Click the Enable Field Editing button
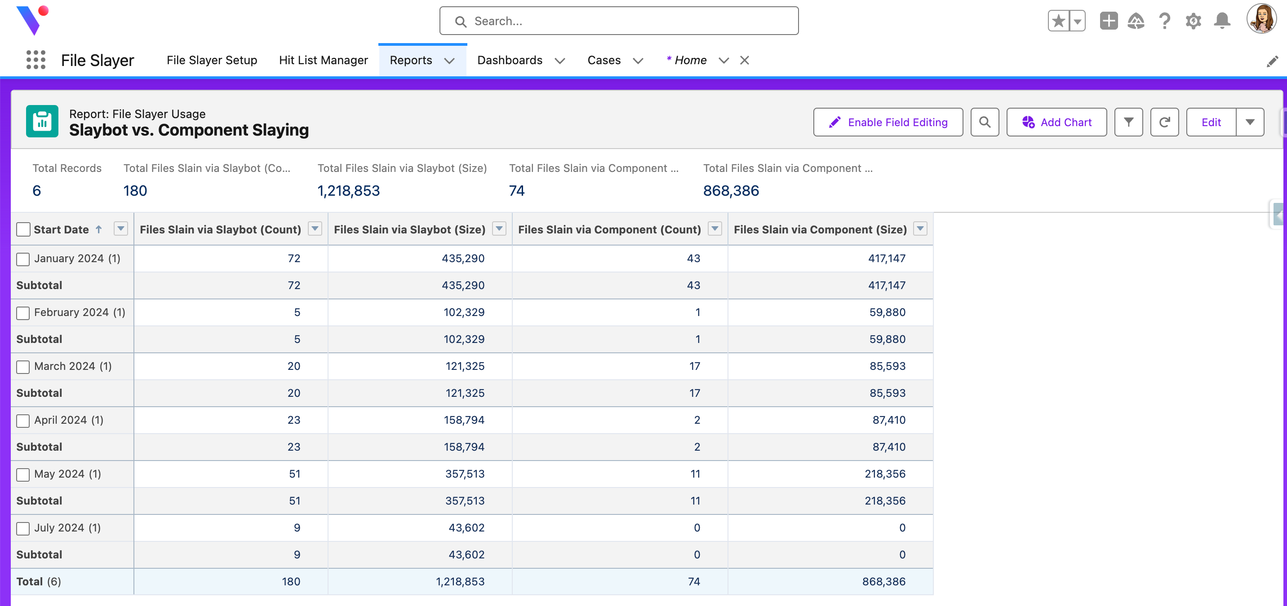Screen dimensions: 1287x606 pyautogui.click(x=888, y=122)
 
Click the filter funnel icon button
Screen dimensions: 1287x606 pyautogui.click(x=1128, y=122)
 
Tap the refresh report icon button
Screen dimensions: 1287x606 pyautogui.click(x=1164, y=122)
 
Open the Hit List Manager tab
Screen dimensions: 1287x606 pyautogui.click(x=323, y=61)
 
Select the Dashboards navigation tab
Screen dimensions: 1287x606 pyautogui.click(x=510, y=61)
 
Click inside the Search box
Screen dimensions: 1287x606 pyautogui.click(x=618, y=21)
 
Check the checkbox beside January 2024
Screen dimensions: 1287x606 pyautogui.click(x=23, y=259)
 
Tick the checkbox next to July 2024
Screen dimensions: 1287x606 pyautogui.click(x=23, y=529)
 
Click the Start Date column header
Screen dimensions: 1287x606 pyautogui.click(x=61, y=230)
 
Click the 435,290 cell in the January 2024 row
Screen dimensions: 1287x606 pyautogui.click(x=463, y=259)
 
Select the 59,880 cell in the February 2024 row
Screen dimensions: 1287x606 pyautogui.click(x=888, y=312)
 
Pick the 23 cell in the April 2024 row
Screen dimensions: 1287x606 pyautogui.click(x=294, y=420)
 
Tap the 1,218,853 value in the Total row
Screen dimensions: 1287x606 pyautogui.click(x=460, y=582)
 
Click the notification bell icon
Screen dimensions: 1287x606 pyautogui.click(x=1222, y=21)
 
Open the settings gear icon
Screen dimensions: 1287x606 pyautogui.click(x=1193, y=21)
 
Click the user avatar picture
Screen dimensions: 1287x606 pyautogui.click(x=1261, y=19)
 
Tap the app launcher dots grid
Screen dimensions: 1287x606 pyautogui.click(x=36, y=60)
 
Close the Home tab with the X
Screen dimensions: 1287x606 pyautogui.click(x=745, y=61)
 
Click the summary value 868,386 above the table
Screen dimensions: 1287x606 pyautogui.click(x=731, y=191)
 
